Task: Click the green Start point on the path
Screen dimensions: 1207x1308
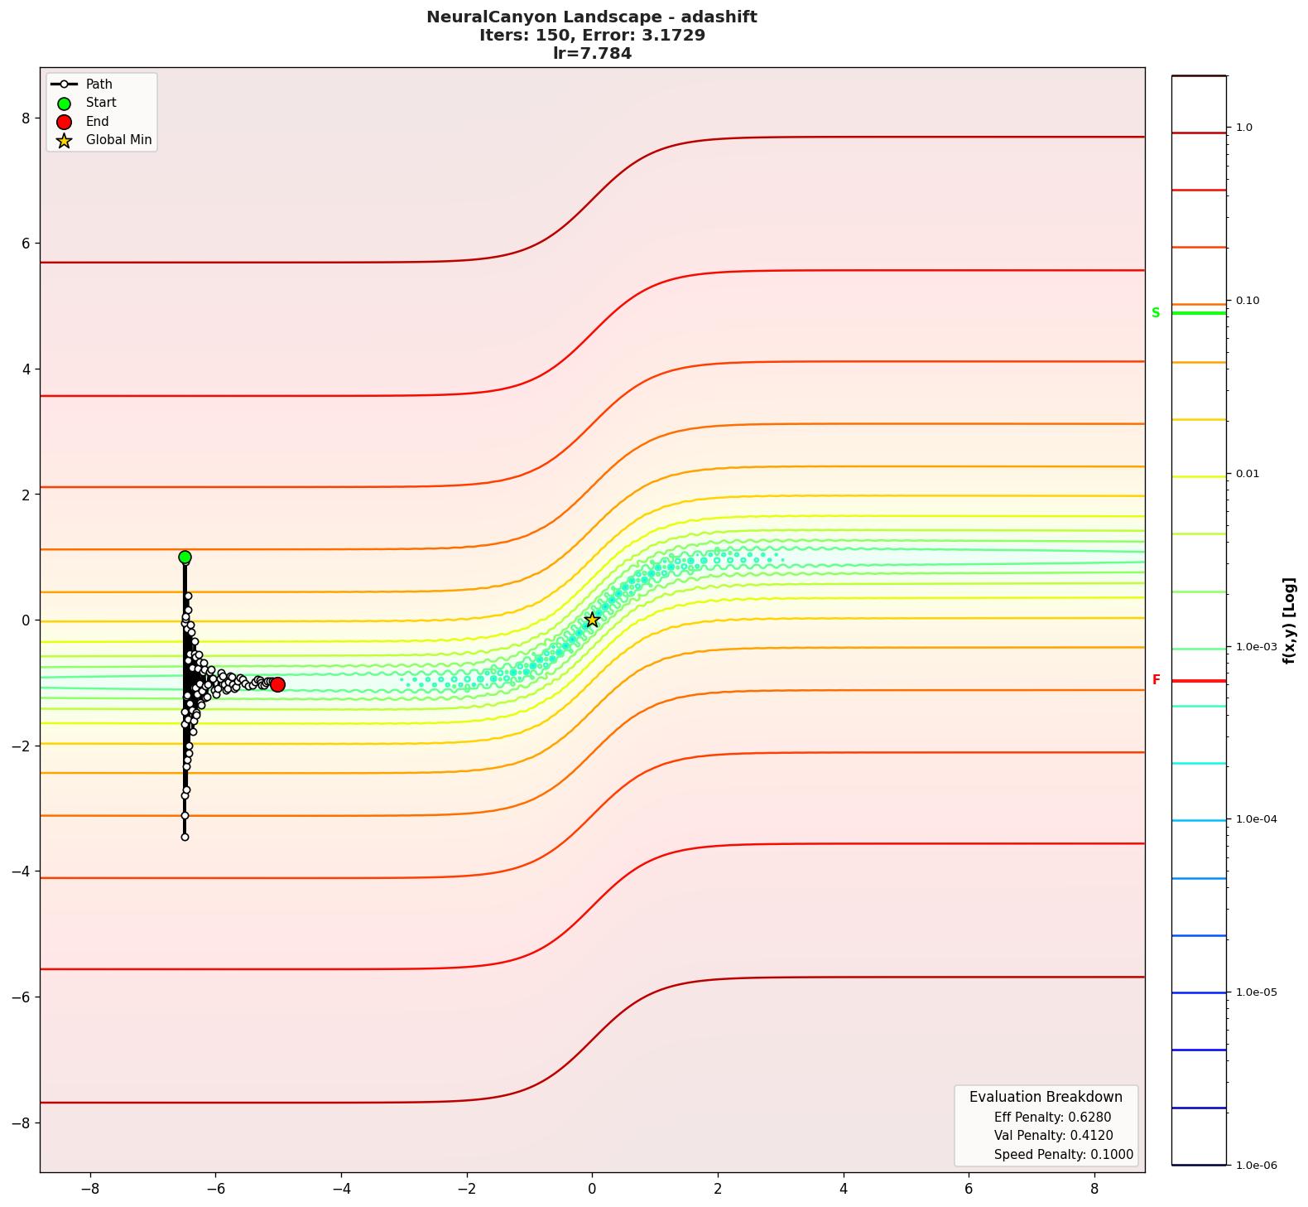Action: click(185, 558)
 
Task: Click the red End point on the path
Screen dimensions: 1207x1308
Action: click(277, 684)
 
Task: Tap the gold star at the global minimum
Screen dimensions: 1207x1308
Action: click(592, 620)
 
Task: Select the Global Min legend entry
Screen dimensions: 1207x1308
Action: click(118, 140)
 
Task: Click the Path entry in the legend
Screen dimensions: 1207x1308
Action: click(99, 84)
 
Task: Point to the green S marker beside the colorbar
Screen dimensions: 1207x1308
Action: click(1156, 313)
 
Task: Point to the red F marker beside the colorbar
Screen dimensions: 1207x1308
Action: click(1156, 680)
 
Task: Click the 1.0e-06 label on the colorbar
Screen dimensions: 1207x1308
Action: click(1256, 1166)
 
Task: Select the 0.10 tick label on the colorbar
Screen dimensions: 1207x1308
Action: click(1248, 301)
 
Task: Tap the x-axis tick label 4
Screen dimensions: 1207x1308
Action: click(843, 1189)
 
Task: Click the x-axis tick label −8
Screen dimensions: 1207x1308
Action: click(89, 1189)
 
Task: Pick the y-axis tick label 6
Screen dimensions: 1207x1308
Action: click(25, 244)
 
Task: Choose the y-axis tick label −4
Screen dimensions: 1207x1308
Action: click(22, 871)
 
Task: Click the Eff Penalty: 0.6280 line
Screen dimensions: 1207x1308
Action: click(1052, 1118)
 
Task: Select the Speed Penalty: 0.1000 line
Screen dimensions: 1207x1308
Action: click(1063, 1155)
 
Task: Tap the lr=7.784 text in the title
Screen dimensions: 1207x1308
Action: click(592, 54)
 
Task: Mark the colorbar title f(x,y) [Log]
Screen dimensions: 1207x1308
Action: click(1288, 620)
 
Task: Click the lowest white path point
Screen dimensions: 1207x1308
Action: click(185, 838)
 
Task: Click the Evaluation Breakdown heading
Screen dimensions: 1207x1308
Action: click(1046, 1097)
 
